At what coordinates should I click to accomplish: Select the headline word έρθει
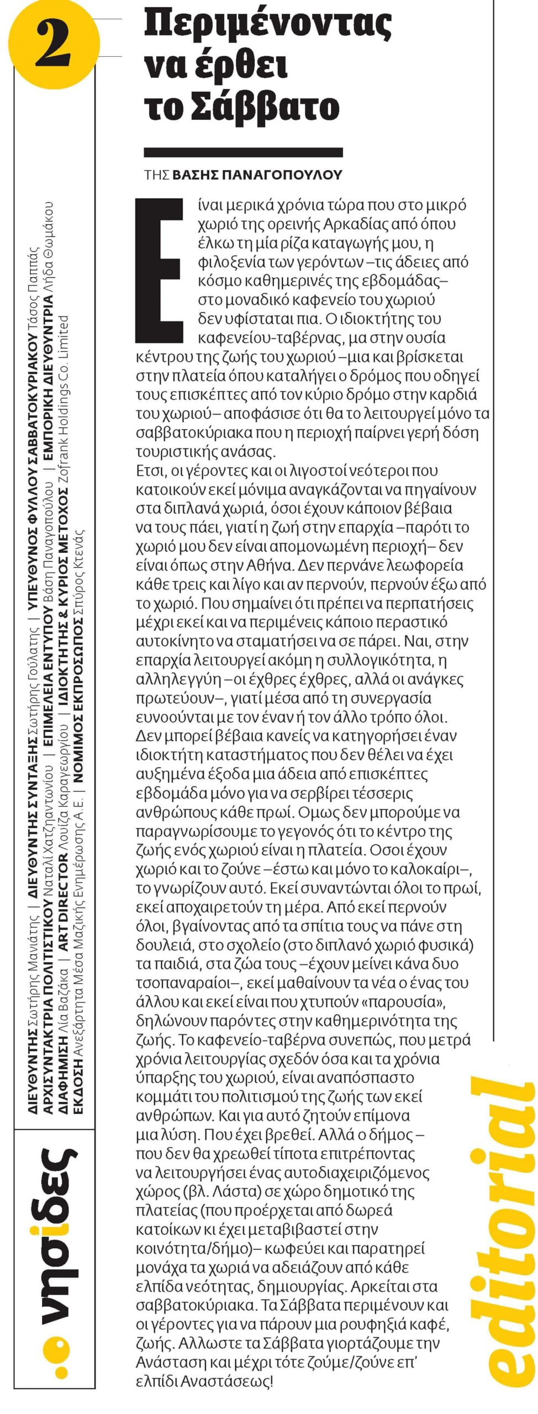coord(240,67)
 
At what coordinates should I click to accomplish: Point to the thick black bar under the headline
coord(243,152)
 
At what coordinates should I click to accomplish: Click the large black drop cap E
coord(159,271)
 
